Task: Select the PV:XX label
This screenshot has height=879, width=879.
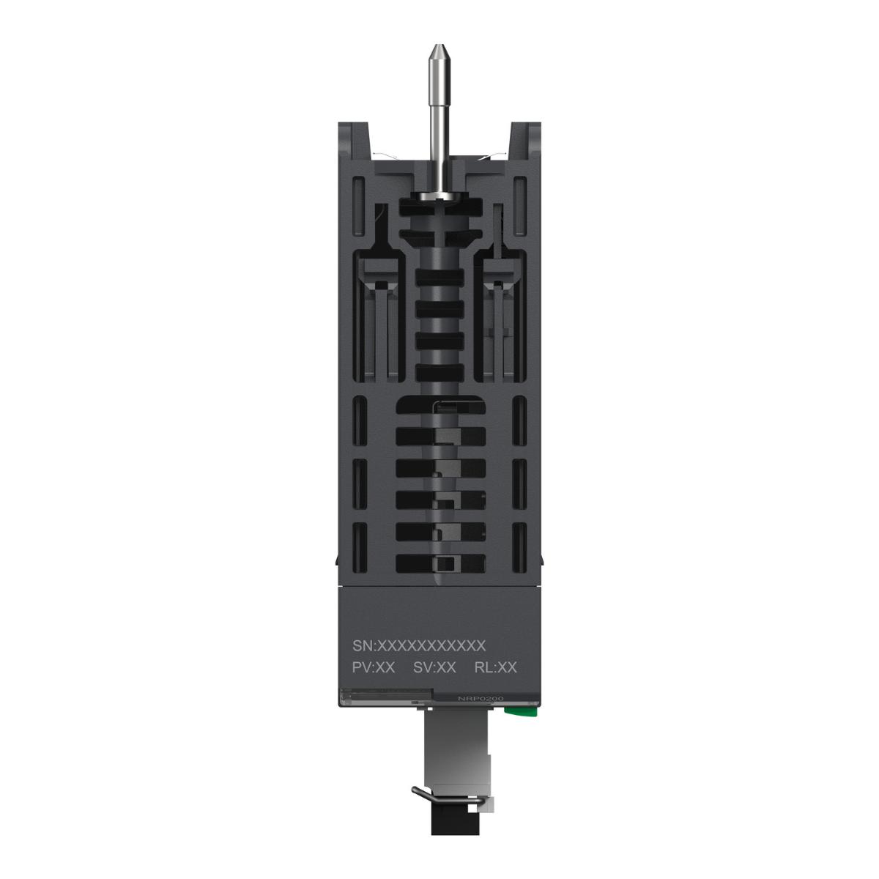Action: (374, 667)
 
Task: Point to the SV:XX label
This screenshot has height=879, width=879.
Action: (434, 667)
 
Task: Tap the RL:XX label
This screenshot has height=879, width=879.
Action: (496, 667)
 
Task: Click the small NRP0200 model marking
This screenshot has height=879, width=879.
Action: (478, 699)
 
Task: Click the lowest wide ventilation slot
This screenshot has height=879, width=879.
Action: (440, 563)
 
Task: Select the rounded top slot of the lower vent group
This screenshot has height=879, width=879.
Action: (440, 407)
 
